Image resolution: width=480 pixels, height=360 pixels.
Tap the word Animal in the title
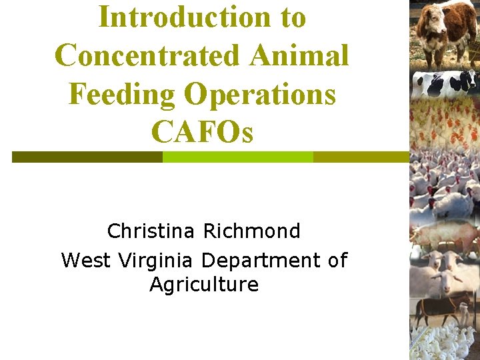point(299,55)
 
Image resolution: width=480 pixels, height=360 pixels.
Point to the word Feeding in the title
point(121,94)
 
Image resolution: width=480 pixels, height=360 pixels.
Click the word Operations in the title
point(260,94)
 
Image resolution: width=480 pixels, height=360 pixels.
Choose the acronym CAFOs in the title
point(202,132)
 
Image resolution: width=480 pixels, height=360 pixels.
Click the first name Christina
point(151,231)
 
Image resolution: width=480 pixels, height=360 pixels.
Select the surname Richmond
point(252,231)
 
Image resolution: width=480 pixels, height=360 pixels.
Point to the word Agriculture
point(204,285)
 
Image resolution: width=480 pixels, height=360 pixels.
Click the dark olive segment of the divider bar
point(87,157)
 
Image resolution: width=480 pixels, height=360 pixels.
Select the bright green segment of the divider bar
point(237,157)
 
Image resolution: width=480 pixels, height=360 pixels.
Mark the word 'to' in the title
point(293,17)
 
